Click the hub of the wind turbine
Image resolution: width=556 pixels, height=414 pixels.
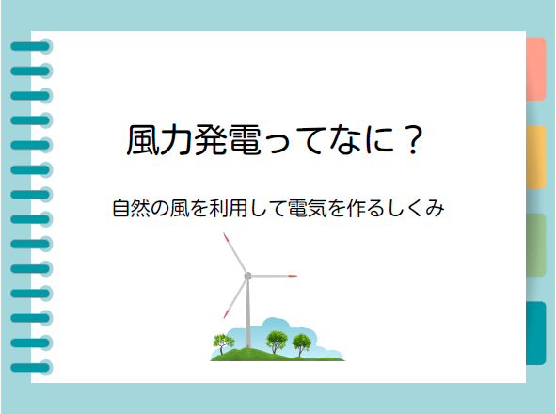click(247, 276)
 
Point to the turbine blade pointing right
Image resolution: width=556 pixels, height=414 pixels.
click(274, 276)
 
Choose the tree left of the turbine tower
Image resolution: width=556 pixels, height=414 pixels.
click(223, 341)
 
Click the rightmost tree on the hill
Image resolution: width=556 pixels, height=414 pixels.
click(301, 341)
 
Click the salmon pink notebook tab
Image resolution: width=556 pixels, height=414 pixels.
click(534, 69)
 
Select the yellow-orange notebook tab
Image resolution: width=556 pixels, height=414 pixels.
click(534, 156)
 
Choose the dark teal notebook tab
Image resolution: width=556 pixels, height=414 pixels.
click(534, 332)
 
